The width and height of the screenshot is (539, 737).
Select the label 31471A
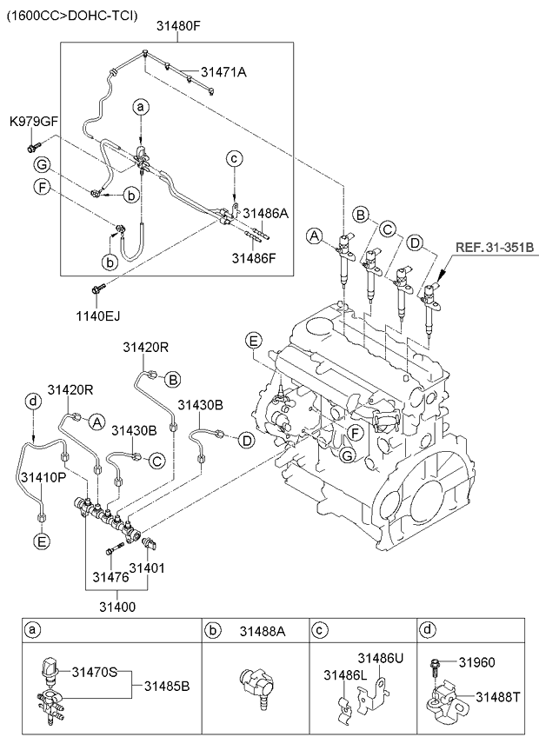pyautogui.click(x=223, y=73)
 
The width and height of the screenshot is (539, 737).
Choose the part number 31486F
pyautogui.click(x=254, y=257)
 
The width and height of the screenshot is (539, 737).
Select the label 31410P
pyautogui.click(x=42, y=477)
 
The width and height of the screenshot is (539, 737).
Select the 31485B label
pyautogui.click(x=166, y=687)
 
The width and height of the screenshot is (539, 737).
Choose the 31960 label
pyautogui.click(x=477, y=661)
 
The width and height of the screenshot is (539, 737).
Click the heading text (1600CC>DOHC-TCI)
pyautogui.click(x=73, y=15)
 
